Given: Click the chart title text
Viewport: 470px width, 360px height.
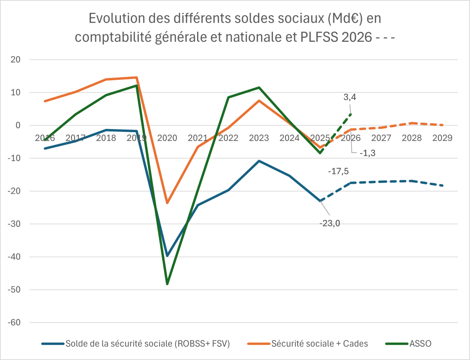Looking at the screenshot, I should (235, 28).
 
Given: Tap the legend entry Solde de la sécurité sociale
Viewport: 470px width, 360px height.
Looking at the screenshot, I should (147, 344).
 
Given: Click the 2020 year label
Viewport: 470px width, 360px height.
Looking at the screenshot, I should (167, 138).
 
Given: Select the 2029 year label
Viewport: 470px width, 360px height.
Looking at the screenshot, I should (442, 138).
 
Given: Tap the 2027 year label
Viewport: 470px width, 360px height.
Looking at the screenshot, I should (381, 138).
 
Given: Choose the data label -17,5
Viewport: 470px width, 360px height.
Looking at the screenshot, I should (338, 171).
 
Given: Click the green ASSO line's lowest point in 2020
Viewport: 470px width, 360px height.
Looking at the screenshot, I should (167, 284).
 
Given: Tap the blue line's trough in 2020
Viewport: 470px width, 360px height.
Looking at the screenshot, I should (167, 256).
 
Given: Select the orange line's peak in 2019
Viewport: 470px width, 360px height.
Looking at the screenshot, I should (137, 77).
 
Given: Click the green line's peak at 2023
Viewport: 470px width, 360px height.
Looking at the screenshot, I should (259, 88).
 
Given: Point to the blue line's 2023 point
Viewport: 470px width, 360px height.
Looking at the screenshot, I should (259, 161).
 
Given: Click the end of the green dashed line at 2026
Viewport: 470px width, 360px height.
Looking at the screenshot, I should (351, 114).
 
